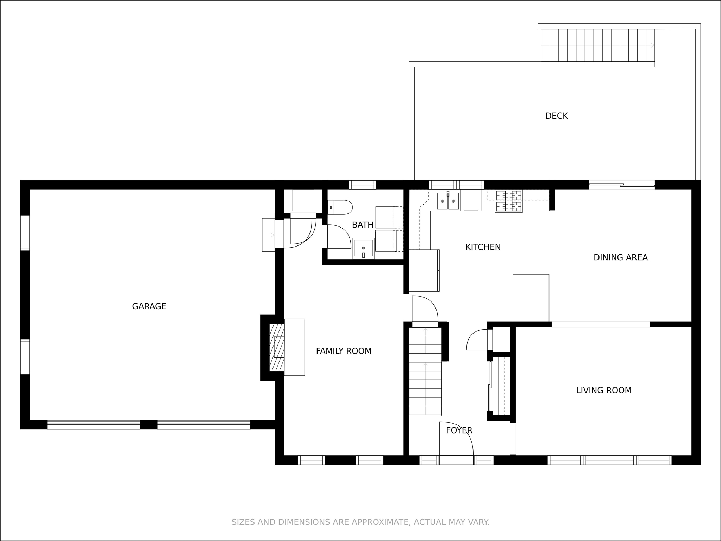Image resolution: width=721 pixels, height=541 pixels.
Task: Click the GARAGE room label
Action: pyautogui.click(x=149, y=306)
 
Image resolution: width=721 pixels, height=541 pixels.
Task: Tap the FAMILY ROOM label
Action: pyautogui.click(x=344, y=351)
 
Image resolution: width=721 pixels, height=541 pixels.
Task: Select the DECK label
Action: pyautogui.click(x=557, y=116)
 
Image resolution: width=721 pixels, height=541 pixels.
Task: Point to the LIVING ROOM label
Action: pyautogui.click(x=604, y=390)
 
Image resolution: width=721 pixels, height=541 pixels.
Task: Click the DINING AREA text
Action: pyautogui.click(x=621, y=257)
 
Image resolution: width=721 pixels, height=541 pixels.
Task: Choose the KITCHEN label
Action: pyautogui.click(x=483, y=247)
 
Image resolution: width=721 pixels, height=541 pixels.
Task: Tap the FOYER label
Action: pyautogui.click(x=459, y=430)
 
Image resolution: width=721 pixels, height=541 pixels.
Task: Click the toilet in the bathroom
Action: pyautogui.click(x=340, y=207)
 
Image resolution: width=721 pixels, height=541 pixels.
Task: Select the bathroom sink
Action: pyautogui.click(x=363, y=249)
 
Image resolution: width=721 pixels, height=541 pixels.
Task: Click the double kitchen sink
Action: pyautogui.click(x=448, y=201)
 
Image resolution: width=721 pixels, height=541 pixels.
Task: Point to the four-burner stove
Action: pyautogui.click(x=508, y=201)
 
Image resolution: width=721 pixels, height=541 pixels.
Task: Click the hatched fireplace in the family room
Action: pyautogui.click(x=277, y=348)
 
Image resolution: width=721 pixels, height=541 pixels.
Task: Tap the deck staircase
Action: pyautogui.click(x=598, y=45)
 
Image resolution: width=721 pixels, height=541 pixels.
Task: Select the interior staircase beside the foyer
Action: pyautogui.click(x=425, y=371)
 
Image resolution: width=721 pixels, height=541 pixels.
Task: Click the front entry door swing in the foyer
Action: pyautogui.click(x=456, y=439)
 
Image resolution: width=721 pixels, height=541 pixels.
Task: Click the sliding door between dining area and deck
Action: pyautogui.click(x=622, y=185)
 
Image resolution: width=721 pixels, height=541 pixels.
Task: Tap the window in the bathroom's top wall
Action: pyautogui.click(x=362, y=185)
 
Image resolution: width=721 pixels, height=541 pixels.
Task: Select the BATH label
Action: pyautogui.click(x=363, y=225)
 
